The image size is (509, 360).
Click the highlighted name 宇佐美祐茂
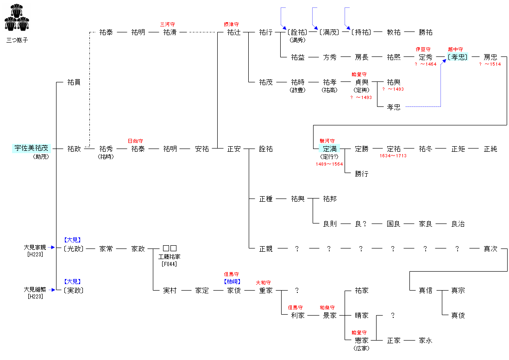[31, 149]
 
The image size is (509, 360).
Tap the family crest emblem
[17, 19]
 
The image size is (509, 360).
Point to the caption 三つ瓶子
[17, 40]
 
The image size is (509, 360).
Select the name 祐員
[74, 82]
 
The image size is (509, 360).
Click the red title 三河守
[168, 24]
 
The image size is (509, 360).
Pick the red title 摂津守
[231, 24]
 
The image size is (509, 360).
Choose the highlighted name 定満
[330, 149]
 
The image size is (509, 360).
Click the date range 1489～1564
[330, 164]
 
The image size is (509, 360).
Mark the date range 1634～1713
[394, 156]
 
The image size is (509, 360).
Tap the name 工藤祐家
[170, 256]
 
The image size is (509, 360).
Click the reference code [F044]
[170, 264]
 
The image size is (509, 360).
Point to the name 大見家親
[35, 248]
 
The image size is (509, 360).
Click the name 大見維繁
[35, 289]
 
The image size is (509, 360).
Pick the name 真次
[490, 248]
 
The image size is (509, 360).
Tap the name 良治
[458, 223]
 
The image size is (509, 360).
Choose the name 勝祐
[426, 32]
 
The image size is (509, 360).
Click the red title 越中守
[455, 49]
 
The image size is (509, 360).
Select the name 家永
[426, 340]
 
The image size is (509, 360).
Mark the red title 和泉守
[327, 307]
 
